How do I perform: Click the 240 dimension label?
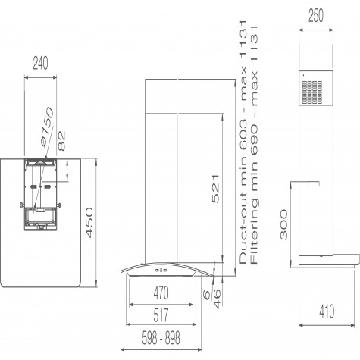(x=40, y=64)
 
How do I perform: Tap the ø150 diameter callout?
(x=47, y=127)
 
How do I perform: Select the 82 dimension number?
(x=61, y=141)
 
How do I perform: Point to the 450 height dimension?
(x=89, y=223)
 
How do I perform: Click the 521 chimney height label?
(x=215, y=189)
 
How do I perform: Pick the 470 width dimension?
(x=161, y=293)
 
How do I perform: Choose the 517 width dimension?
(x=161, y=315)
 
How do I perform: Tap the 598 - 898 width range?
(x=161, y=338)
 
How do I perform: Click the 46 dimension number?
(x=218, y=299)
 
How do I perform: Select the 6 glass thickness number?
(x=207, y=295)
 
